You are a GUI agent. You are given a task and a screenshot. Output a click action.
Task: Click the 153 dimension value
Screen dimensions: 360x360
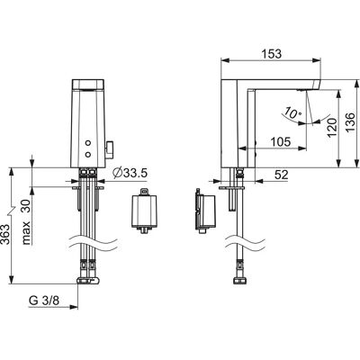coord(272,54)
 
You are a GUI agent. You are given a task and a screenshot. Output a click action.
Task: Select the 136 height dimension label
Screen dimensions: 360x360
coord(350,122)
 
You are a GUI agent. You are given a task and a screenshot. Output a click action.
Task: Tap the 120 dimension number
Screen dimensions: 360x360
coord(332,128)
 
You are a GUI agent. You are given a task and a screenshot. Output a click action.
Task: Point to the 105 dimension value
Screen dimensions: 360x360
coord(281,141)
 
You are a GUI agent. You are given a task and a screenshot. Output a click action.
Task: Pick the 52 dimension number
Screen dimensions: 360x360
coord(282,175)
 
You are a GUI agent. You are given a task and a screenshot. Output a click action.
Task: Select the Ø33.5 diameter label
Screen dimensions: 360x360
coord(130,173)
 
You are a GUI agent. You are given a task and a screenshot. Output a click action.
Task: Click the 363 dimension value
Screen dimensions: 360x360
coord(6,236)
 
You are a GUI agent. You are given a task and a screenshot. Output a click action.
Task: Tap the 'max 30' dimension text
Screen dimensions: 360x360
coord(27,221)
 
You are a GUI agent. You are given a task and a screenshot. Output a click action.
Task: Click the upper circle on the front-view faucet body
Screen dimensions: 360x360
coord(88,143)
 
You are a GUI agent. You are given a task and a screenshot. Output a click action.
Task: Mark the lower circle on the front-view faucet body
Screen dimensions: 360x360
coord(88,154)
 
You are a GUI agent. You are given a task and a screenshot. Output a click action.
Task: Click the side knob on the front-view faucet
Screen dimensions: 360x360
coord(110,148)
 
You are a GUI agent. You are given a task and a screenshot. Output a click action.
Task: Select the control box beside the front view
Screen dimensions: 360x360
coord(145,211)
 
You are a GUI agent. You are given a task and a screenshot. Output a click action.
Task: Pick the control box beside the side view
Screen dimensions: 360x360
coord(205,211)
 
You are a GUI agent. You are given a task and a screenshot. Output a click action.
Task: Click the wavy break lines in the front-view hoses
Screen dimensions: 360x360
coord(94,243)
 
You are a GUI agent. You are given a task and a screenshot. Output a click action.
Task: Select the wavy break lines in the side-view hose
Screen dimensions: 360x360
coord(246,243)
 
